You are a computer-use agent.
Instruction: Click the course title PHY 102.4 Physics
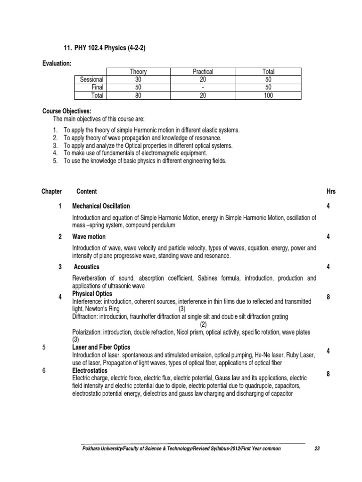[102, 48]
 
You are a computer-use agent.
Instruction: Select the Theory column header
[138, 72]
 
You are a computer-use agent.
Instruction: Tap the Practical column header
[203, 72]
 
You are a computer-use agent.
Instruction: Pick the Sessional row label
[92, 80]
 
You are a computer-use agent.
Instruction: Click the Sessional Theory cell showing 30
[138, 80]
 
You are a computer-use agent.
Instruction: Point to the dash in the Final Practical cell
[203, 88]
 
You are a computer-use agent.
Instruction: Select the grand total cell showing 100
[268, 96]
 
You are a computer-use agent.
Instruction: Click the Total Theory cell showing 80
[138, 96]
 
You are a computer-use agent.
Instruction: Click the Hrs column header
[331, 192]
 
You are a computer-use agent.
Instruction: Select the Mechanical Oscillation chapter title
[101, 206]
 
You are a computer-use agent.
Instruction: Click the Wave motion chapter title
[89, 237]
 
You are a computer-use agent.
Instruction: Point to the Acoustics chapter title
[87, 267]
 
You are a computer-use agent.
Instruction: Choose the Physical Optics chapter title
[92, 294]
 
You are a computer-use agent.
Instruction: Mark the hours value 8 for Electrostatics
[328, 374]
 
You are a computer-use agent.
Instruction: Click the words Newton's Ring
[104, 309]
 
